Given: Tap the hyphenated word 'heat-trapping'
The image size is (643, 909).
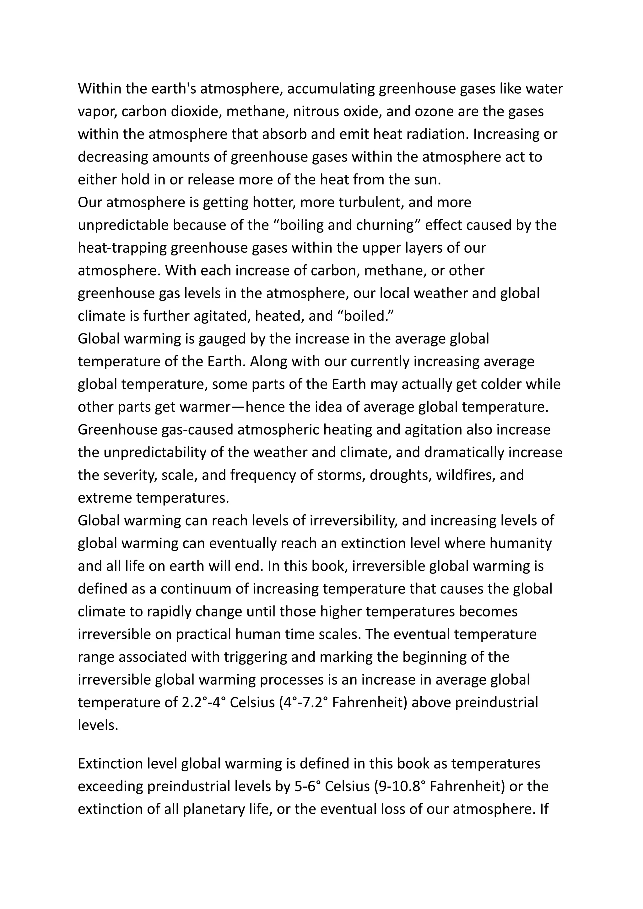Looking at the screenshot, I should click(x=122, y=248).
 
